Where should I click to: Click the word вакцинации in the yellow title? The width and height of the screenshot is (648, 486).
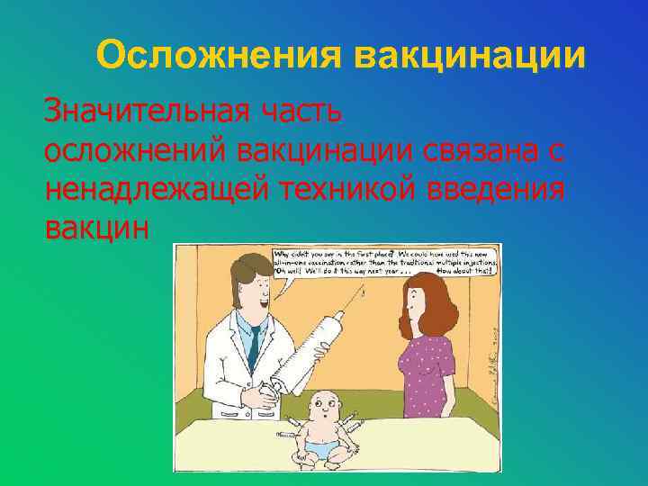[470, 55]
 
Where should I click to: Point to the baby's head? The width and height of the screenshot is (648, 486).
[322, 407]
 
